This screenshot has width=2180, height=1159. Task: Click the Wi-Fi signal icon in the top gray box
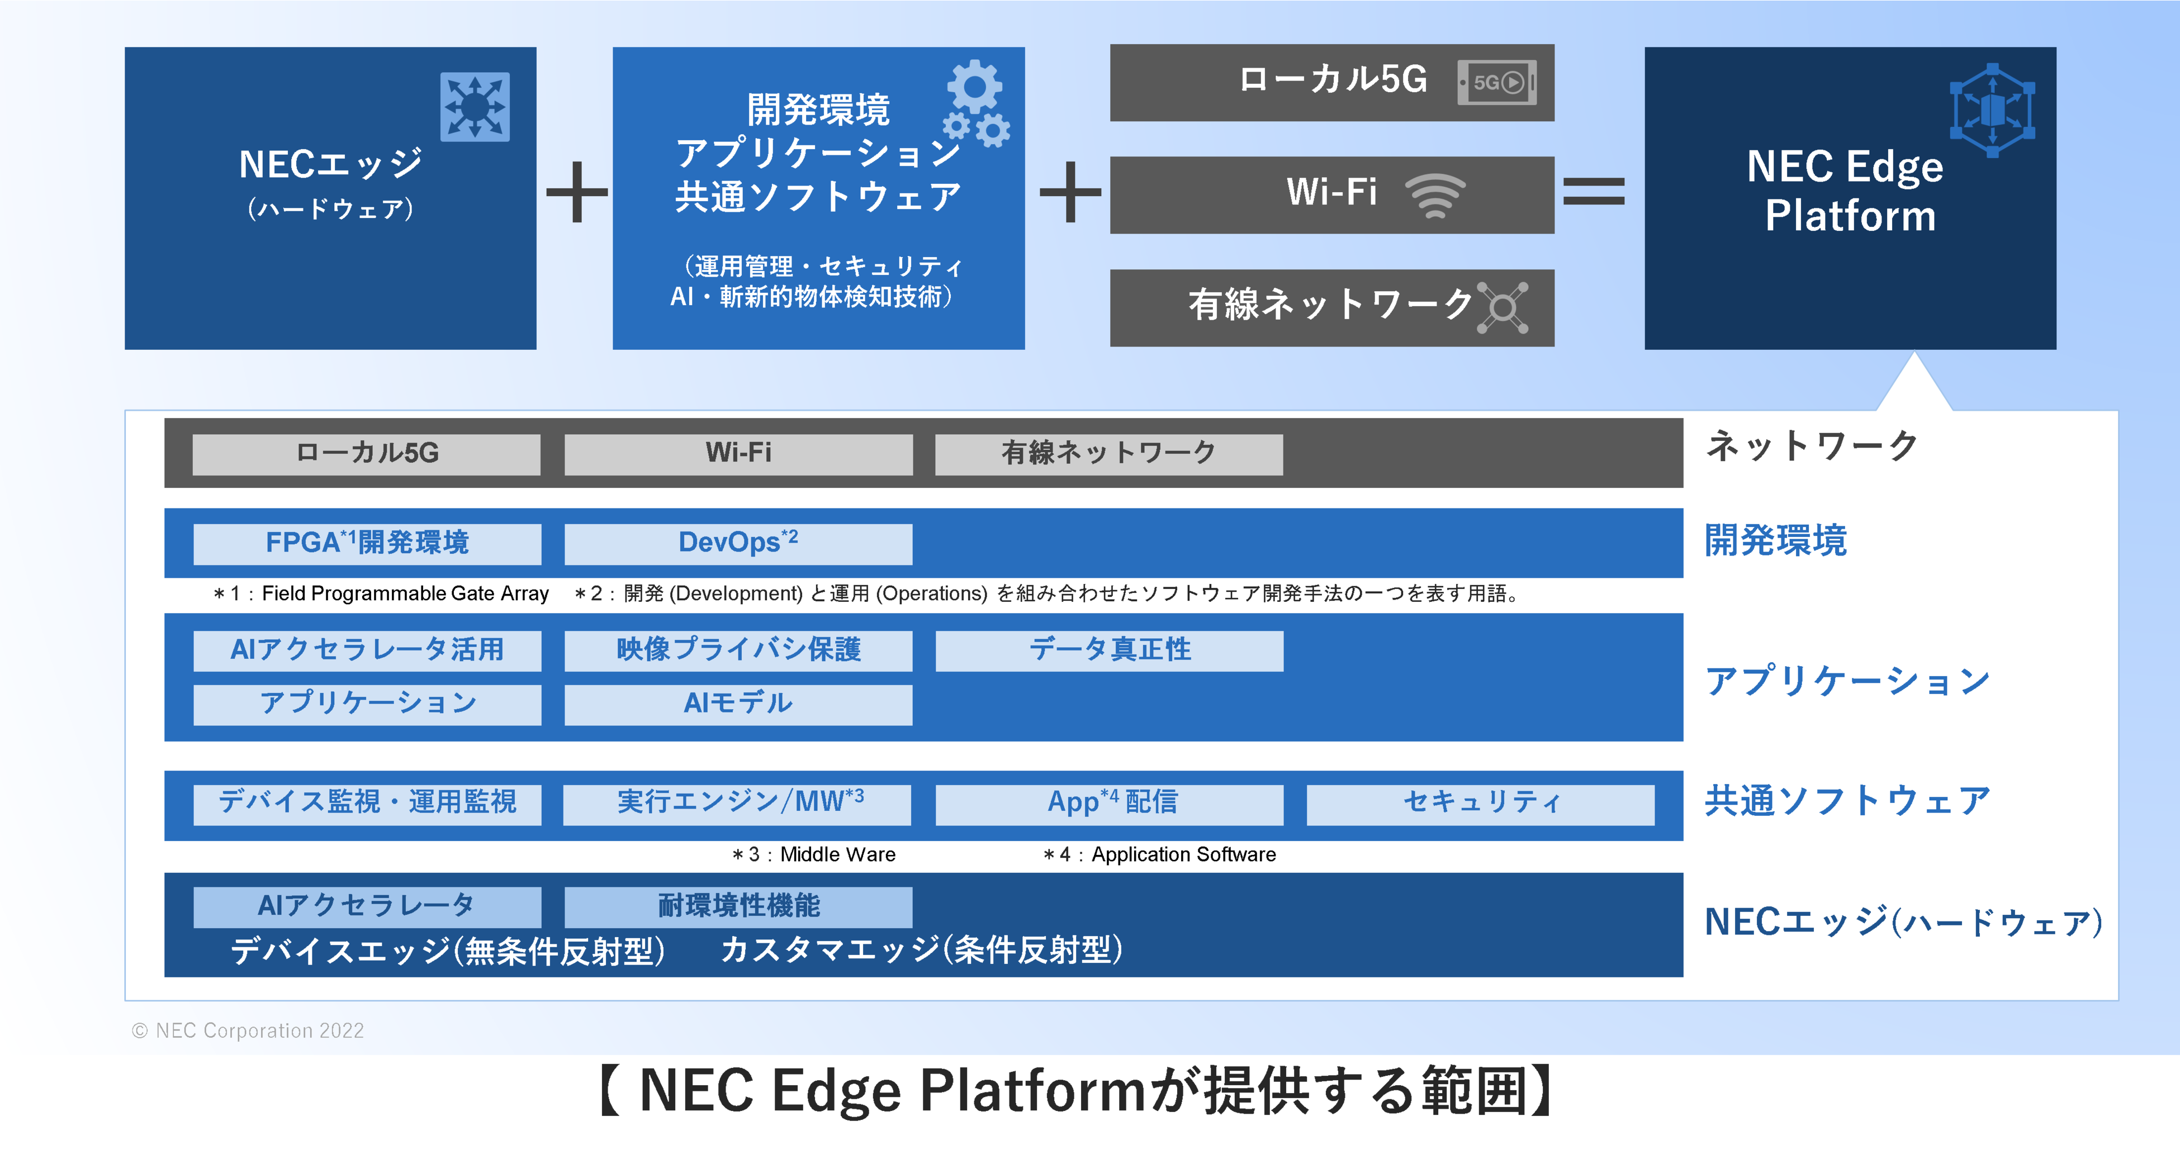[x=1435, y=194]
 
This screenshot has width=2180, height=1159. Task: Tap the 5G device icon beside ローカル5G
[x=1496, y=82]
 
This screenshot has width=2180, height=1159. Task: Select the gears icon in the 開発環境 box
[x=977, y=103]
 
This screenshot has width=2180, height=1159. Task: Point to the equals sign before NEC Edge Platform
[x=1594, y=191]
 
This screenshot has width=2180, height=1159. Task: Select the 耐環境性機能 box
[x=738, y=906]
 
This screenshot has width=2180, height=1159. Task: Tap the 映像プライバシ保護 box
[x=738, y=650]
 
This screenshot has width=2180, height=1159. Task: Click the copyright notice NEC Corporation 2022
[x=248, y=1030]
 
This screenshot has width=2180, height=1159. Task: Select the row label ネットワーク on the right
[x=1811, y=446]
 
